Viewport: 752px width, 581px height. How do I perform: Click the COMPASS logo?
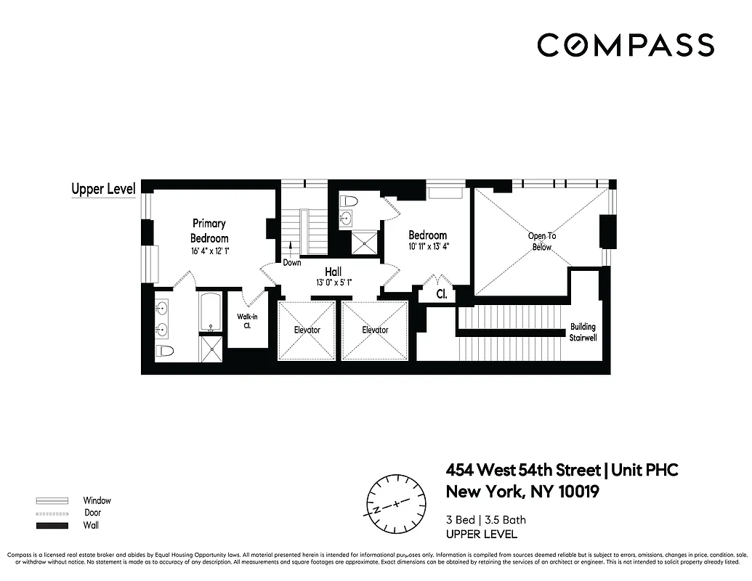pyautogui.click(x=625, y=45)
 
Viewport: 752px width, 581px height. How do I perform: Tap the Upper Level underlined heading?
pyautogui.click(x=103, y=190)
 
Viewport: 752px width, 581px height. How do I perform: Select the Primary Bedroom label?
pyautogui.click(x=209, y=231)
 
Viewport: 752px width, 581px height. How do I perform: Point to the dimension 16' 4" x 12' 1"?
pyautogui.click(x=209, y=251)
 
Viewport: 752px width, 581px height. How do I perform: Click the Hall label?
pyautogui.click(x=333, y=272)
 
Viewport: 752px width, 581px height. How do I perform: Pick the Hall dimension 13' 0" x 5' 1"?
pyautogui.click(x=333, y=283)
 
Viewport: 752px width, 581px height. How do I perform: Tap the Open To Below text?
pyautogui.click(x=541, y=241)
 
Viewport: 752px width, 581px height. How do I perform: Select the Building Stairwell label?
pyautogui.click(x=583, y=332)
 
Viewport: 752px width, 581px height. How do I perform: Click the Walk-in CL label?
pyautogui.click(x=243, y=320)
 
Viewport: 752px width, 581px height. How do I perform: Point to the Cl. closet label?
pyautogui.click(x=441, y=295)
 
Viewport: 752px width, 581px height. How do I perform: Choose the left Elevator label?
pyautogui.click(x=307, y=330)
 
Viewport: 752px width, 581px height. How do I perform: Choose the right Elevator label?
pyautogui.click(x=375, y=330)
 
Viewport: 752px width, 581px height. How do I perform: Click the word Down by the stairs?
pyautogui.click(x=292, y=262)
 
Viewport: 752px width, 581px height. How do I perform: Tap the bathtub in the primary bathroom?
pyautogui.click(x=211, y=311)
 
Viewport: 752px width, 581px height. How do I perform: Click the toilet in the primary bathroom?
pyautogui.click(x=166, y=352)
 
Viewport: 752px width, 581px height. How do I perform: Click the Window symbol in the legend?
pyautogui.click(x=52, y=500)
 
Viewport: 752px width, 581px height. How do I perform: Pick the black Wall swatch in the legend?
pyautogui.click(x=52, y=525)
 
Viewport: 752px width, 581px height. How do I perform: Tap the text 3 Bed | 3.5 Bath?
pyautogui.click(x=485, y=519)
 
